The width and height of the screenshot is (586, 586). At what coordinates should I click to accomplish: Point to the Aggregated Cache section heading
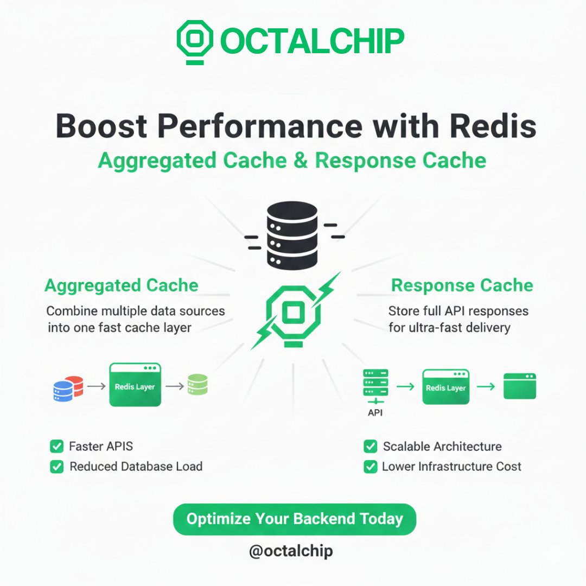point(122,285)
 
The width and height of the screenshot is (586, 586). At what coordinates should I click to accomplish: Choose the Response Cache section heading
point(462,285)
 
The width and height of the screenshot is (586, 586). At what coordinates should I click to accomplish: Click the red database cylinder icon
point(74,385)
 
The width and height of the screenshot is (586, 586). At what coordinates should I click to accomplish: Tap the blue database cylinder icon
point(63,391)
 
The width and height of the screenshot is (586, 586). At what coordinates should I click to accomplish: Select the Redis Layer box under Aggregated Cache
point(135,386)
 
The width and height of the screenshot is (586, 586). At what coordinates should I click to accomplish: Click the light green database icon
point(198,385)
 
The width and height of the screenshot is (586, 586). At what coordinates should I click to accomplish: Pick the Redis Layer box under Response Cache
point(445,387)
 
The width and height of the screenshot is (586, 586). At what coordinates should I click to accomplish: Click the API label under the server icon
point(375,413)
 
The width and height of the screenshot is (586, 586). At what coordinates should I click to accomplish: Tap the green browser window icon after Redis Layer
point(519,386)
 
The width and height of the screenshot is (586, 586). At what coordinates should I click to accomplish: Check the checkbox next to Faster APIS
point(56,447)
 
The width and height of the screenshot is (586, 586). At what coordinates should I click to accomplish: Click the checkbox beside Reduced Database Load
point(56,467)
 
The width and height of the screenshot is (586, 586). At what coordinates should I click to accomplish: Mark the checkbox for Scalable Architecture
point(371,447)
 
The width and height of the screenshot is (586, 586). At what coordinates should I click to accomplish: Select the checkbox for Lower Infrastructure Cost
point(371,467)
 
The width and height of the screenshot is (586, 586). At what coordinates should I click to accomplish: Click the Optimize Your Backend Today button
point(294,519)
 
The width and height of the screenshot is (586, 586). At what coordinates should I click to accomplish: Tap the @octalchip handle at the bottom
point(291,551)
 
